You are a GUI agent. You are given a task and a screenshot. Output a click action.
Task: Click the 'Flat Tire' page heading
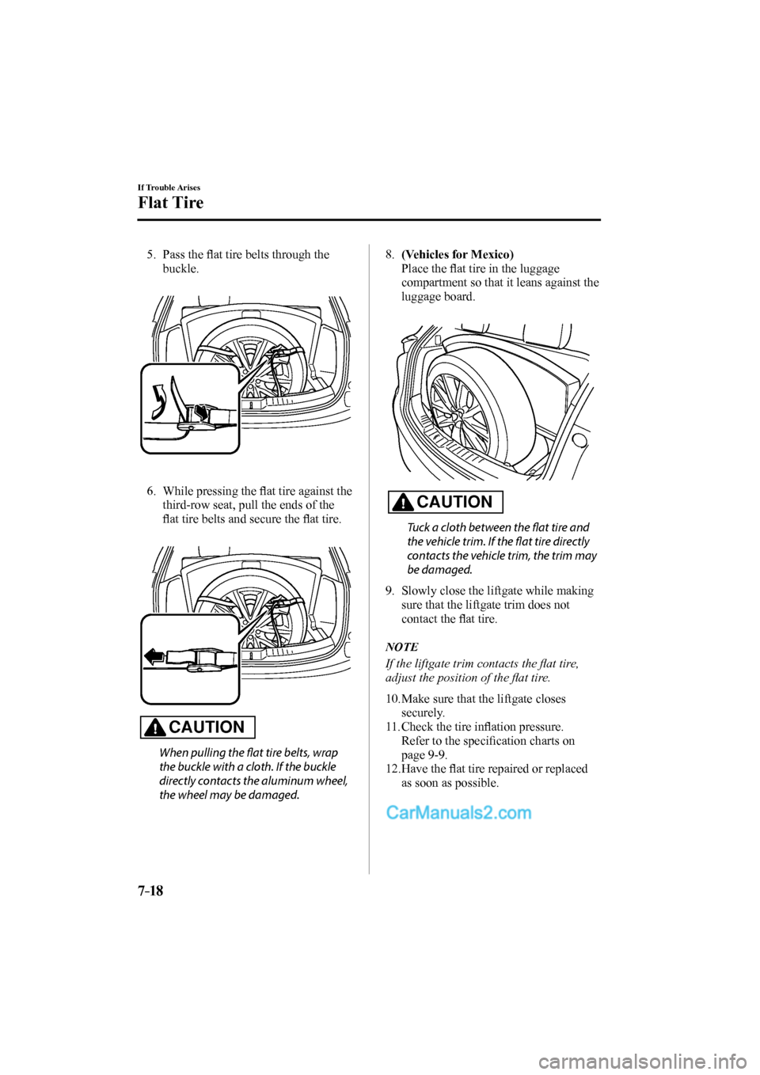click(170, 203)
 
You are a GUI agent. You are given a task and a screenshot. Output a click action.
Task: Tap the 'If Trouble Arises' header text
click(169, 187)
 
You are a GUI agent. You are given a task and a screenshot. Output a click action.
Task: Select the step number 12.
click(392, 769)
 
